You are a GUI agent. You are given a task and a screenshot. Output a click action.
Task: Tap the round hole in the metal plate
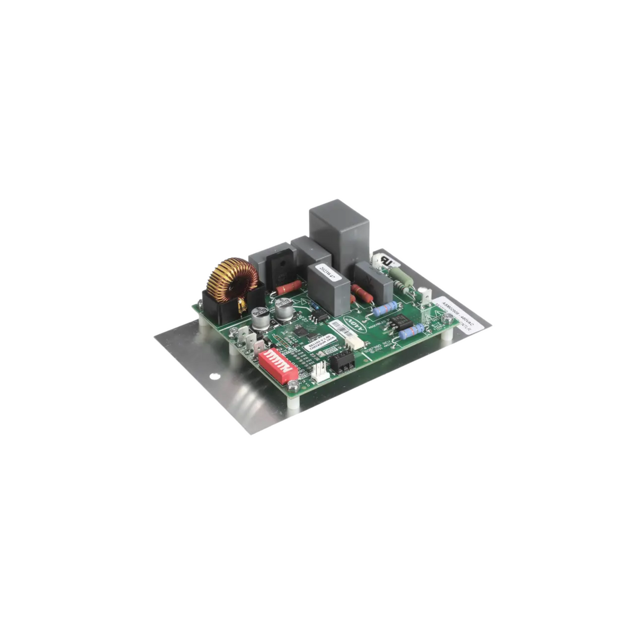point(213,377)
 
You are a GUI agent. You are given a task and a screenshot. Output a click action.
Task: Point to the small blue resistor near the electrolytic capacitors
point(313,306)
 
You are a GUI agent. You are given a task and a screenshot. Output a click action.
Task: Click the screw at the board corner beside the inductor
point(200,305)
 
